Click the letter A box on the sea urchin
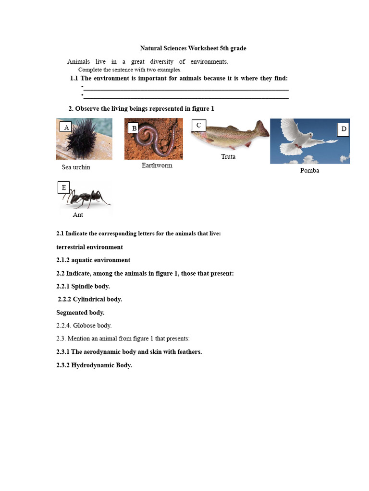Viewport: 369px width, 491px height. click(x=66, y=127)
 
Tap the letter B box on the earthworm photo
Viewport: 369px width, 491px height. click(x=134, y=128)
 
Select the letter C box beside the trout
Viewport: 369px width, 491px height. click(x=198, y=126)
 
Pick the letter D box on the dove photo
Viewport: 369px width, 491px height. click(x=343, y=129)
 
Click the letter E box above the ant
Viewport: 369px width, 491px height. click(x=64, y=187)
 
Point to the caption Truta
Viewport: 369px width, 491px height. click(x=228, y=157)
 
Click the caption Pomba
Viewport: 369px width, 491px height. click(x=309, y=171)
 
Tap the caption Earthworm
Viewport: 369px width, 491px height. click(x=157, y=165)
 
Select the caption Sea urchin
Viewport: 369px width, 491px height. click(x=76, y=167)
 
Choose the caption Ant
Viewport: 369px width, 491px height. click(x=78, y=215)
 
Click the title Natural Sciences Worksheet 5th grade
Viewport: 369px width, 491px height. click(x=193, y=48)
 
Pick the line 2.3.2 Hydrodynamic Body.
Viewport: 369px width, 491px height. click(x=94, y=365)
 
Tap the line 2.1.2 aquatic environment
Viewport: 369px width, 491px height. click(x=93, y=260)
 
